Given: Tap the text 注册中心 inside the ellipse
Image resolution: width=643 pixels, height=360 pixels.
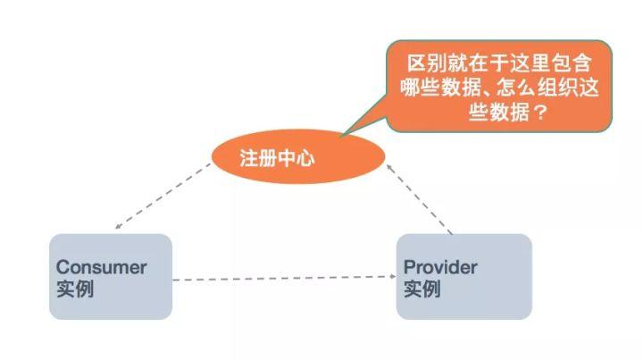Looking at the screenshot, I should [x=278, y=159].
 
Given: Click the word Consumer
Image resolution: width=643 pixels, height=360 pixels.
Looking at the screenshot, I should [x=101, y=267].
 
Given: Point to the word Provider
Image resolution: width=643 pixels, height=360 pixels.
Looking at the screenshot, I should [x=440, y=267].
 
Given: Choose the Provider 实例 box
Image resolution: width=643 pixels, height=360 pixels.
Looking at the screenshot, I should [x=463, y=277].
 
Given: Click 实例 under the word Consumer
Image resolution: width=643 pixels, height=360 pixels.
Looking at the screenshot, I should [x=74, y=289].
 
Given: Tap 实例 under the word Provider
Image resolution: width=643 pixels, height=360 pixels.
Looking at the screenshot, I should [x=422, y=289].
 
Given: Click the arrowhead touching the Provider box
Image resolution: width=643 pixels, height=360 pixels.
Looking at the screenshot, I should [x=392, y=277].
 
